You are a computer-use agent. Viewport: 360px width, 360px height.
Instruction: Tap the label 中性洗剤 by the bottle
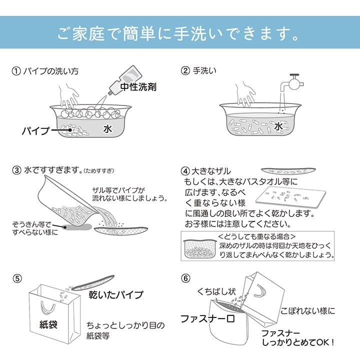(x=138, y=86)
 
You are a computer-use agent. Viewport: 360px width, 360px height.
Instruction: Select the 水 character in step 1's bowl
(x=107, y=128)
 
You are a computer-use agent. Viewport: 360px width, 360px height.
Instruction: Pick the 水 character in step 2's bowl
(x=278, y=127)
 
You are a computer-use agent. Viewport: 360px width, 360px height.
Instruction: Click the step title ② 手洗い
(x=199, y=70)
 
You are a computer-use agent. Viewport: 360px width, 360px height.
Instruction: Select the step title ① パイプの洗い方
(x=45, y=70)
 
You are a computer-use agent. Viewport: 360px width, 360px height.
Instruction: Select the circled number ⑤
(x=17, y=277)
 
